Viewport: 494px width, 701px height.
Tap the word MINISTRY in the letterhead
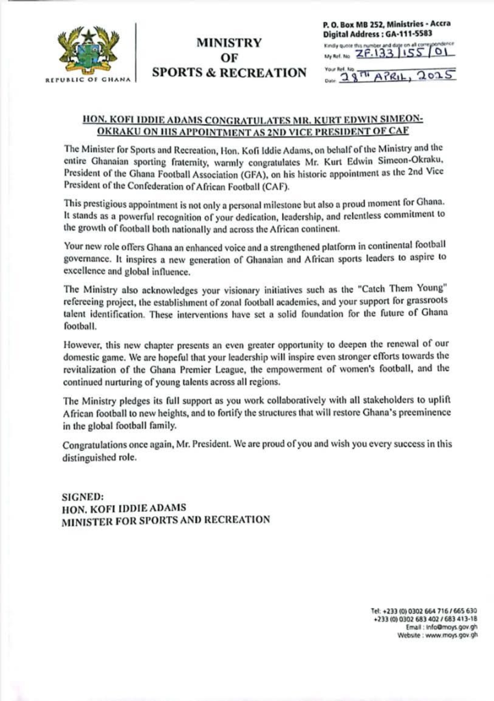pyautogui.click(x=229, y=42)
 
